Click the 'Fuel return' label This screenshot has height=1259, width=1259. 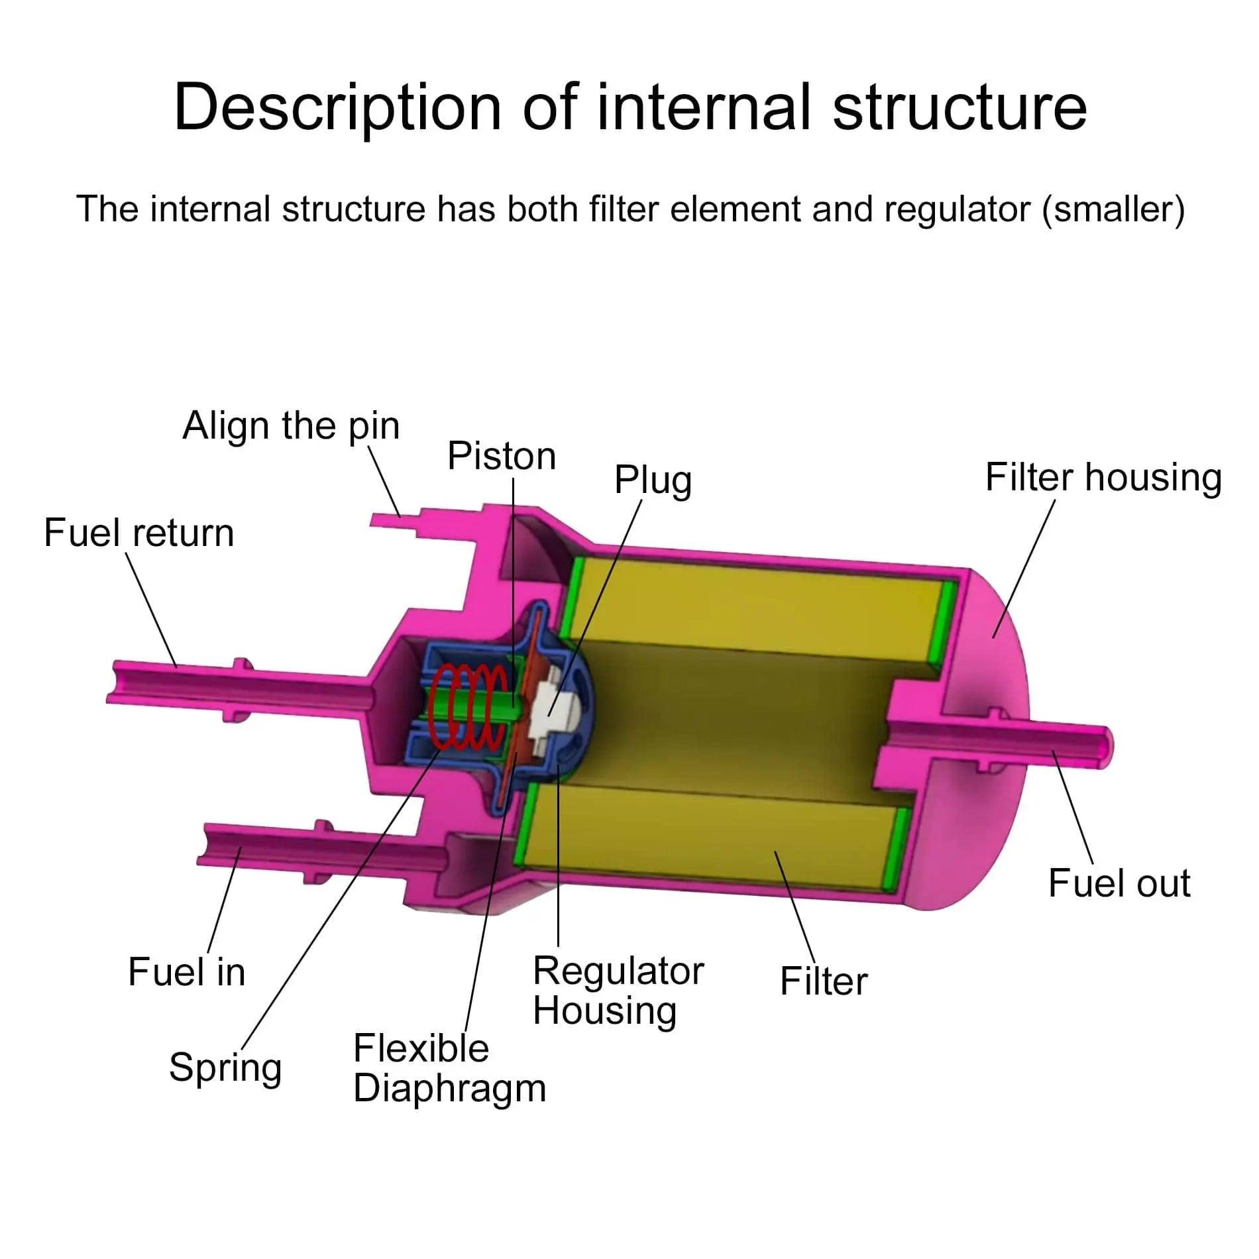(138, 533)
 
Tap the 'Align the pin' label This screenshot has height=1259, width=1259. (291, 425)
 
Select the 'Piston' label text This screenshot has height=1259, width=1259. (502, 456)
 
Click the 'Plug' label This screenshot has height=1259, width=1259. (653, 480)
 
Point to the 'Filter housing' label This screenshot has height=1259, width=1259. (1103, 477)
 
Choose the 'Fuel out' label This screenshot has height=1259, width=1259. (1119, 883)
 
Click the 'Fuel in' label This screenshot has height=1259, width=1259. (186, 972)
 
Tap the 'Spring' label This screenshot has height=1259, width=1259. (225, 1067)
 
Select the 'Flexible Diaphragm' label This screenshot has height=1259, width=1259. (449, 1069)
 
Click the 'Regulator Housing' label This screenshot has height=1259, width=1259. (618, 991)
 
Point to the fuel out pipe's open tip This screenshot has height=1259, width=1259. (1104, 743)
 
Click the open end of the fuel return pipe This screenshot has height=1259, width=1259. (114, 682)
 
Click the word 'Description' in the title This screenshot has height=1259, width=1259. (337, 107)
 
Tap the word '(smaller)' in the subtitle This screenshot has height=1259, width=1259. (1113, 209)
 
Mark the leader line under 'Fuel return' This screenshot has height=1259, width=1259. (151, 610)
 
